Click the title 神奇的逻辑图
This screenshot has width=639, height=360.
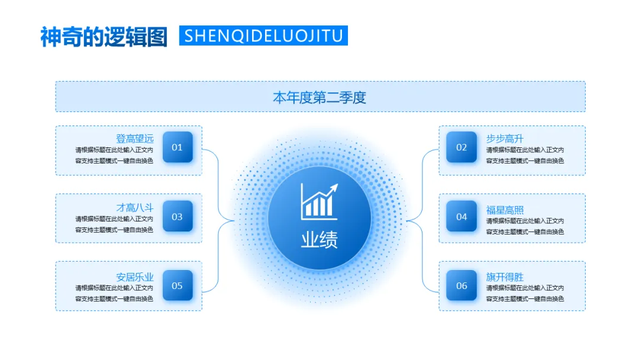click(x=104, y=36)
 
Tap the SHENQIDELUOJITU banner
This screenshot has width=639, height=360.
click(x=263, y=36)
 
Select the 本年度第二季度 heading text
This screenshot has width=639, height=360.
click(x=319, y=97)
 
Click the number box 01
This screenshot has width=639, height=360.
click(x=177, y=147)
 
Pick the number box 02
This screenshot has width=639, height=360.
click(x=461, y=147)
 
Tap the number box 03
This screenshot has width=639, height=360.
click(x=177, y=217)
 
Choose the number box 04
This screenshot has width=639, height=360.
click(x=461, y=217)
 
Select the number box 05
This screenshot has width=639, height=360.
click(x=177, y=285)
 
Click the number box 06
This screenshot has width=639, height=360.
click(x=461, y=285)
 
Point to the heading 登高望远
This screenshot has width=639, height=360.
click(x=134, y=139)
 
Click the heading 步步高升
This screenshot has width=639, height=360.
click(x=505, y=139)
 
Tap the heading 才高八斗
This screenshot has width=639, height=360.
click(x=134, y=207)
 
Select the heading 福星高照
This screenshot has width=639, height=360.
click(x=505, y=210)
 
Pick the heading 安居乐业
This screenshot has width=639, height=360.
click(x=134, y=277)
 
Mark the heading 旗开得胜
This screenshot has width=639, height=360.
click(x=505, y=277)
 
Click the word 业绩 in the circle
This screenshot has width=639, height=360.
click(x=319, y=240)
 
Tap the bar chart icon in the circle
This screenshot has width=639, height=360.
click(x=318, y=203)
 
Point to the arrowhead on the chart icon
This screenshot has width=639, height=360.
click(x=334, y=188)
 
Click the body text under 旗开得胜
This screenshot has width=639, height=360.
click(x=525, y=293)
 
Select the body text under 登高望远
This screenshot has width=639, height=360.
click(x=114, y=155)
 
